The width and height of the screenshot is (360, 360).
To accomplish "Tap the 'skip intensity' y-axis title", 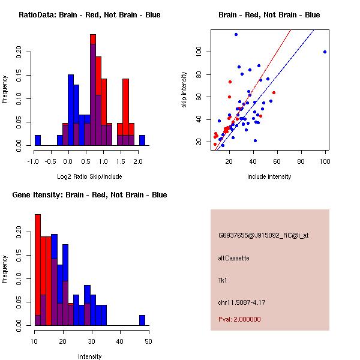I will (184, 90).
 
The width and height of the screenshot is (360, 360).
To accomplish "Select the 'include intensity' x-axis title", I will (269, 176).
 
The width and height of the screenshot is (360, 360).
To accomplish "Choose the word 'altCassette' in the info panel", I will (233, 258).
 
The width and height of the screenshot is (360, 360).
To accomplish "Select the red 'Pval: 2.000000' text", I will (239, 319).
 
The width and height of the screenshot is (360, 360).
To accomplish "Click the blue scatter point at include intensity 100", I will (325, 52).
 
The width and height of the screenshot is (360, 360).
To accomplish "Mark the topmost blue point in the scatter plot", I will (236, 34).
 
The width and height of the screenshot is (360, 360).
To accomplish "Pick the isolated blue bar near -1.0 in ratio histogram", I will (38, 140).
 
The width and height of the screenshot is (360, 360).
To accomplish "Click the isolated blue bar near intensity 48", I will (142, 320).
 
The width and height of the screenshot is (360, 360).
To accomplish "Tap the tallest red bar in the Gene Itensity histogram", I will (38, 270).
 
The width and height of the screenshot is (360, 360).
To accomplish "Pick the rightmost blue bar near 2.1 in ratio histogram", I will (142, 140).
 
